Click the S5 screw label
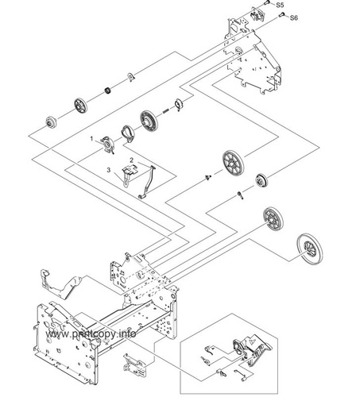pyautogui.click(x=280, y=5)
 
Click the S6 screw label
pyautogui.click(x=294, y=17)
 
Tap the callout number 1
pyautogui.click(x=91, y=139)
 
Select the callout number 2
pyautogui.click(x=131, y=160)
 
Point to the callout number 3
pyautogui.click(x=109, y=170)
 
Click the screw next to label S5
pyautogui.click(x=267, y=3)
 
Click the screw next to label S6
pyautogui.click(x=281, y=15)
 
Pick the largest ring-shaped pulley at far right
pyautogui.click(x=310, y=249)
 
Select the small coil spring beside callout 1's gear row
pyautogui.click(x=166, y=111)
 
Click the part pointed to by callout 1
pyautogui.click(x=108, y=145)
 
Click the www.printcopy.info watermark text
pyautogui.click(x=91, y=334)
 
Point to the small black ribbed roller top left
pyautogui.click(x=107, y=91)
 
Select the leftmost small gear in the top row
pyautogui.click(x=50, y=123)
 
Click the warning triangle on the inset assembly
pyautogui.click(x=252, y=339)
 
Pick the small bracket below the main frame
pyautogui.click(x=134, y=365)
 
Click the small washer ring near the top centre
pyautogui.click(x=131, y=77)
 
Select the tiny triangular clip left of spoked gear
pyautogui.click(x=208, y=178)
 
